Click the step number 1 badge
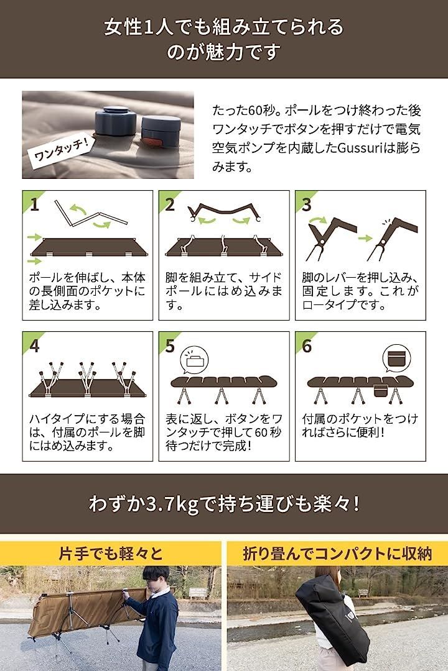pos(34,204)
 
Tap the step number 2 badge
pos(170,204)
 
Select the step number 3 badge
pos(306,204)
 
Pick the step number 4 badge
pos(34,346)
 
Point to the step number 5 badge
pos(170,346)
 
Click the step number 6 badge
pos(306,346)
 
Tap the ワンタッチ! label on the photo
pos(60,147)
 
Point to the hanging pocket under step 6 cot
pos(380,392)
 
